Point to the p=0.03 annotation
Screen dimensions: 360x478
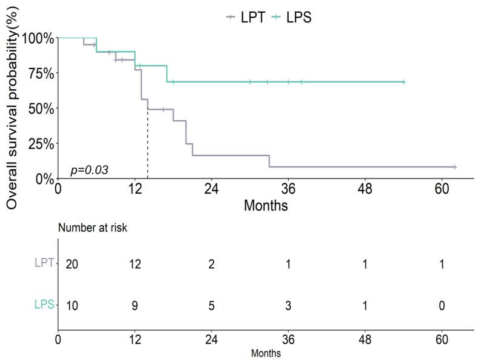coord(89,170)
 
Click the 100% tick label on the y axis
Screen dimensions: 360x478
coord(38,38)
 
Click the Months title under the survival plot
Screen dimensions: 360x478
coord(265,206)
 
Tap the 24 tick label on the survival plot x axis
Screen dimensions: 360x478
coord(211,189)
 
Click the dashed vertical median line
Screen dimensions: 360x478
coord(147,146)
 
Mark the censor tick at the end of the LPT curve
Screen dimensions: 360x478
coord(454,167)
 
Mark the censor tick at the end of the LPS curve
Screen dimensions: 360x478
coord(403,82)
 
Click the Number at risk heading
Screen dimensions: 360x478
coord(92,228)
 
